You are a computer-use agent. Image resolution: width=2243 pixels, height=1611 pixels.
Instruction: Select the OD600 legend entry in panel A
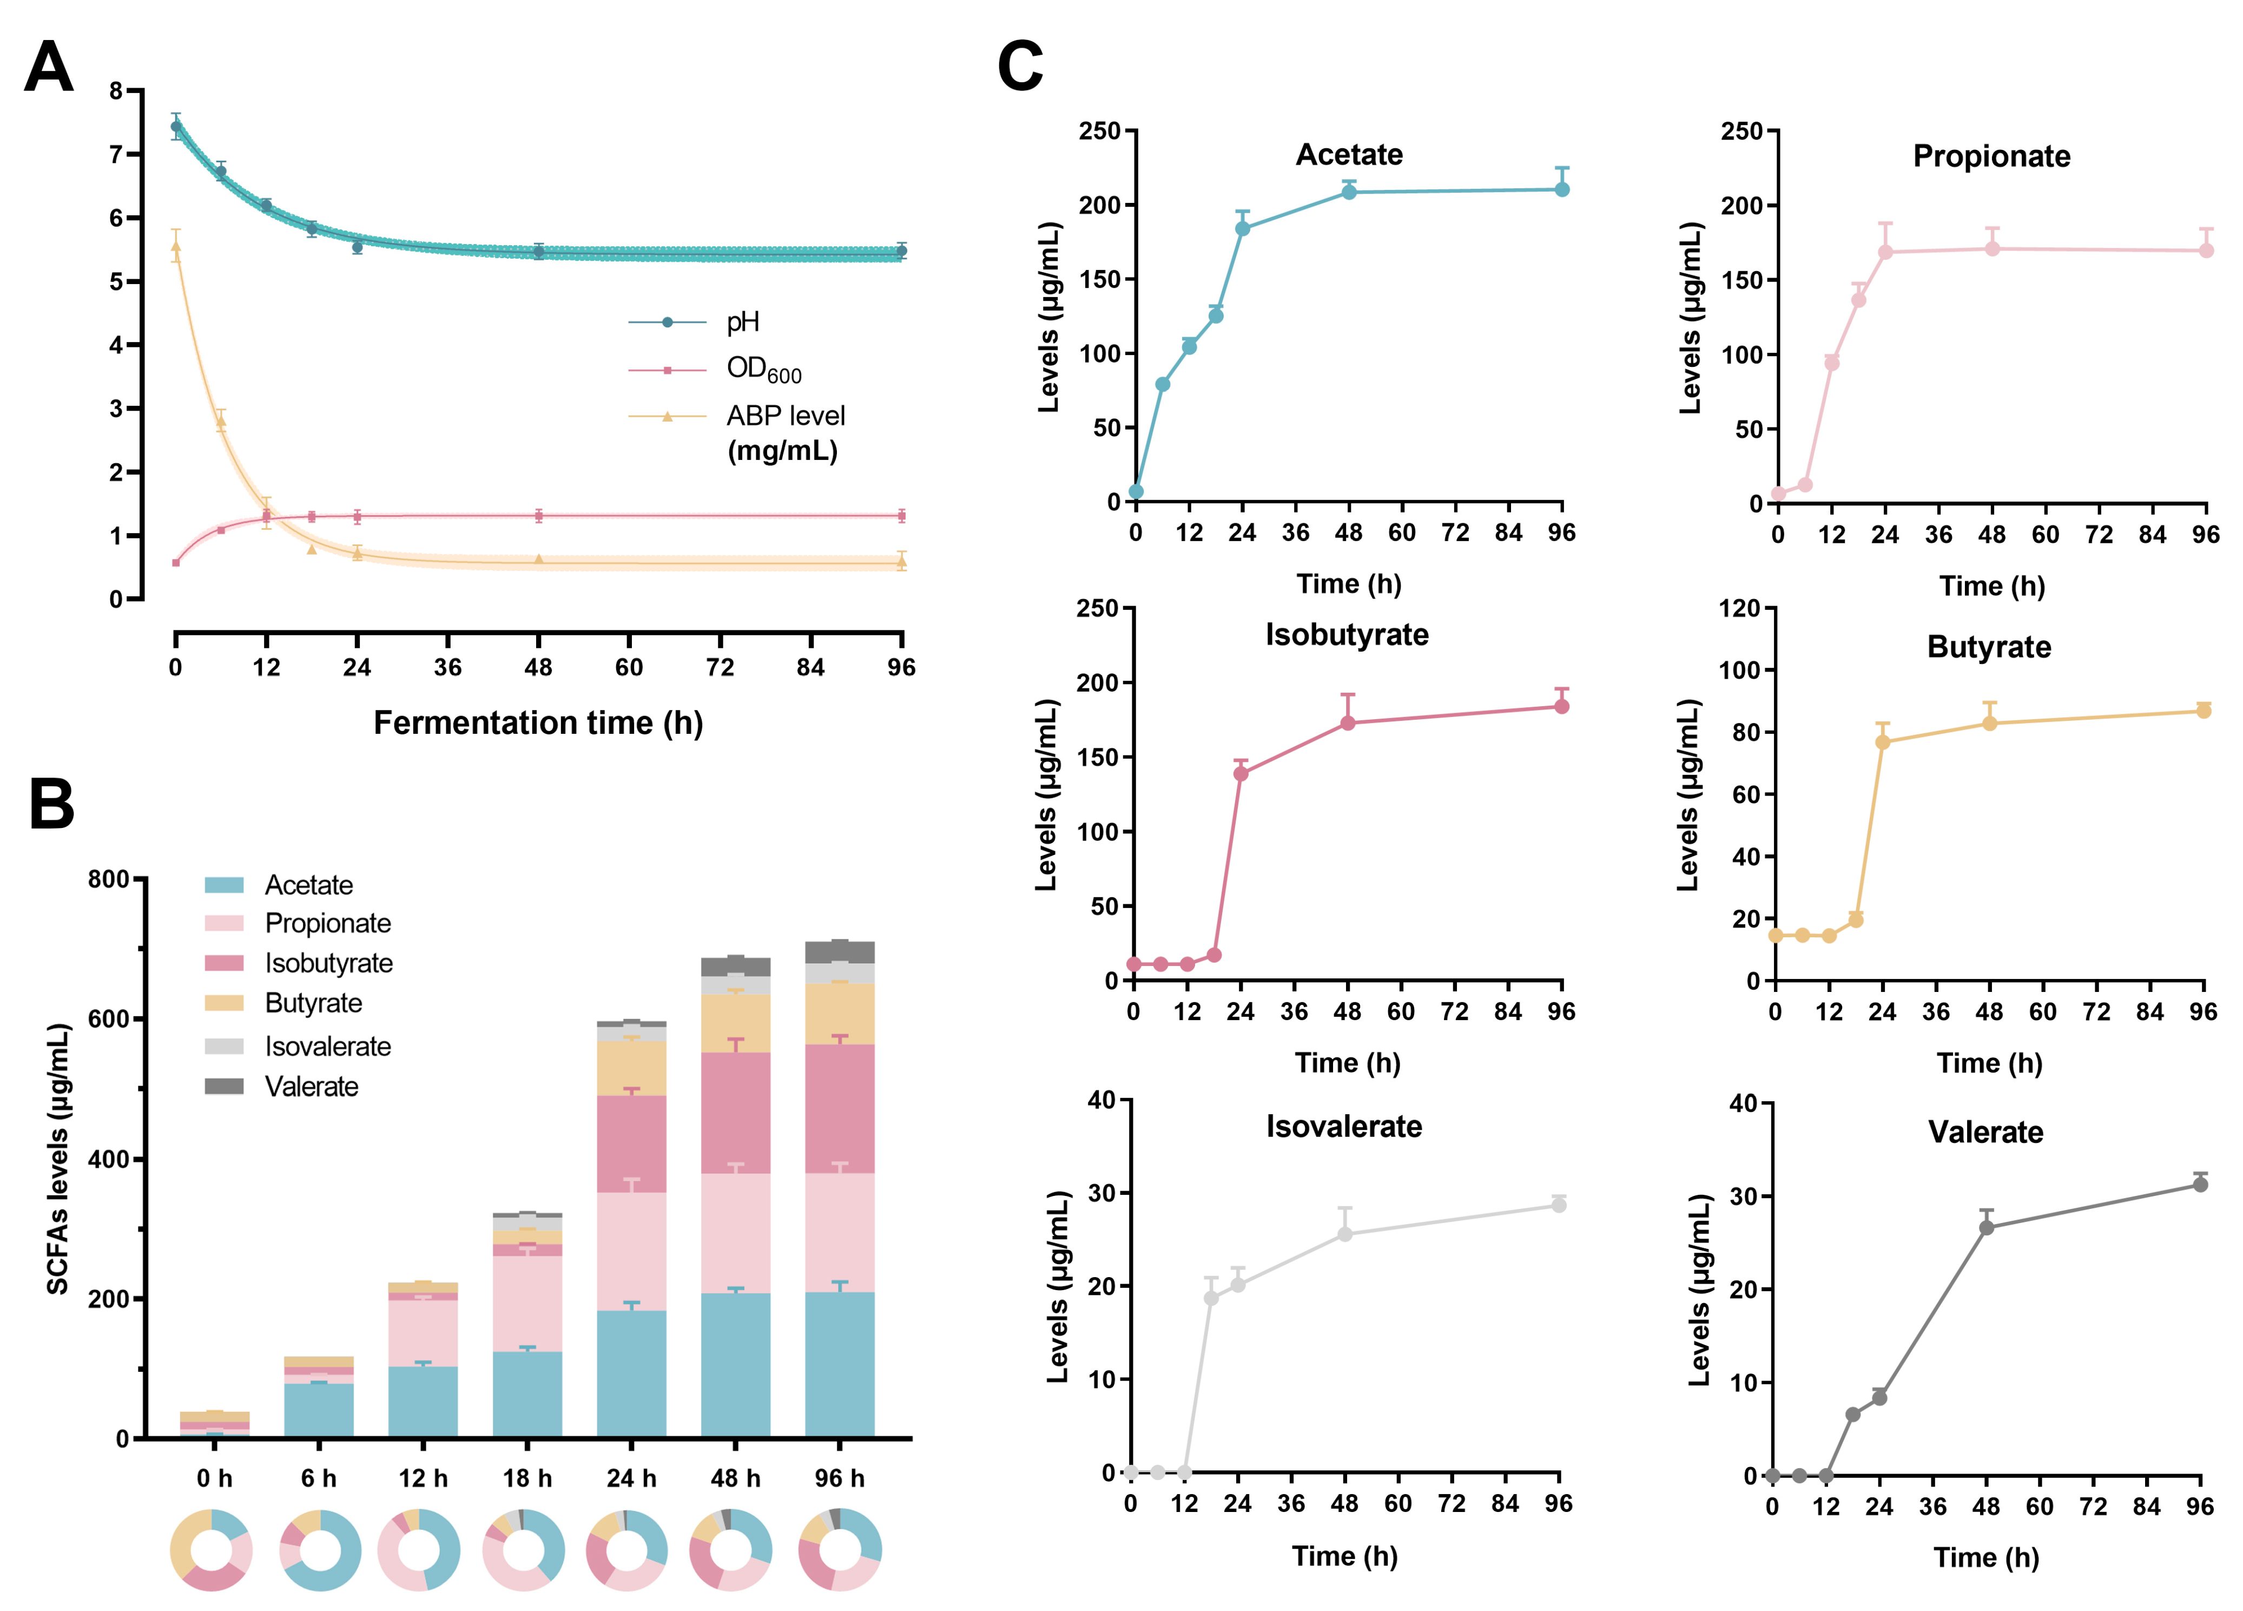(x=763, y=370)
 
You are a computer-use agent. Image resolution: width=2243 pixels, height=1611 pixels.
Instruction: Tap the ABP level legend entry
(x=785, y=416)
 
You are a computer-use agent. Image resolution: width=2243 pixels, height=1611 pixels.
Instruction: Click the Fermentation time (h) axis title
(x=538, y=723)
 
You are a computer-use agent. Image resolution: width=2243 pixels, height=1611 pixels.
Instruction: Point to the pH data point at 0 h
(x=176, y=127)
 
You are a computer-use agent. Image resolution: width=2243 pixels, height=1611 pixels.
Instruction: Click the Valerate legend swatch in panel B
(x=223, y=1087)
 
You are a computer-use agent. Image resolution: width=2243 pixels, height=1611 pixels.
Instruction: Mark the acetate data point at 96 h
(x=1561, y=189)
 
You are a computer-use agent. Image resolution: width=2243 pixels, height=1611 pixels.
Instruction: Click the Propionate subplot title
(x=1991, y=156)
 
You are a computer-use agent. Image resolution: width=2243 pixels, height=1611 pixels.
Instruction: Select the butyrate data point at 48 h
(x=1989, y=723)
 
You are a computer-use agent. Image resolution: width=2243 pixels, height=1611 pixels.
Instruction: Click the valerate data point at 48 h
(x=1986, y=1227)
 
